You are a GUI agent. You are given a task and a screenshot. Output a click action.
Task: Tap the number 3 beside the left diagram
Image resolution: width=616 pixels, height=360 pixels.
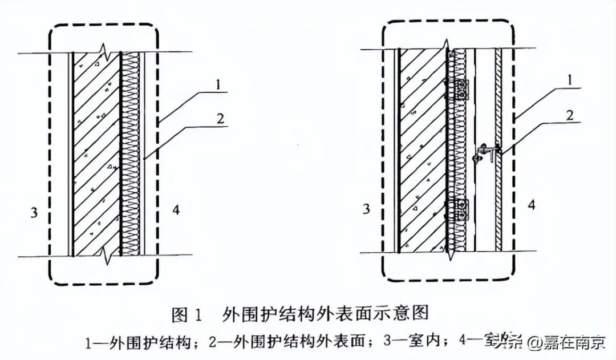34,212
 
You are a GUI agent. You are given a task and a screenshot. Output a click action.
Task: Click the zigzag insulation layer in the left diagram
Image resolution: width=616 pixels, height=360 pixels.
131,154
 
